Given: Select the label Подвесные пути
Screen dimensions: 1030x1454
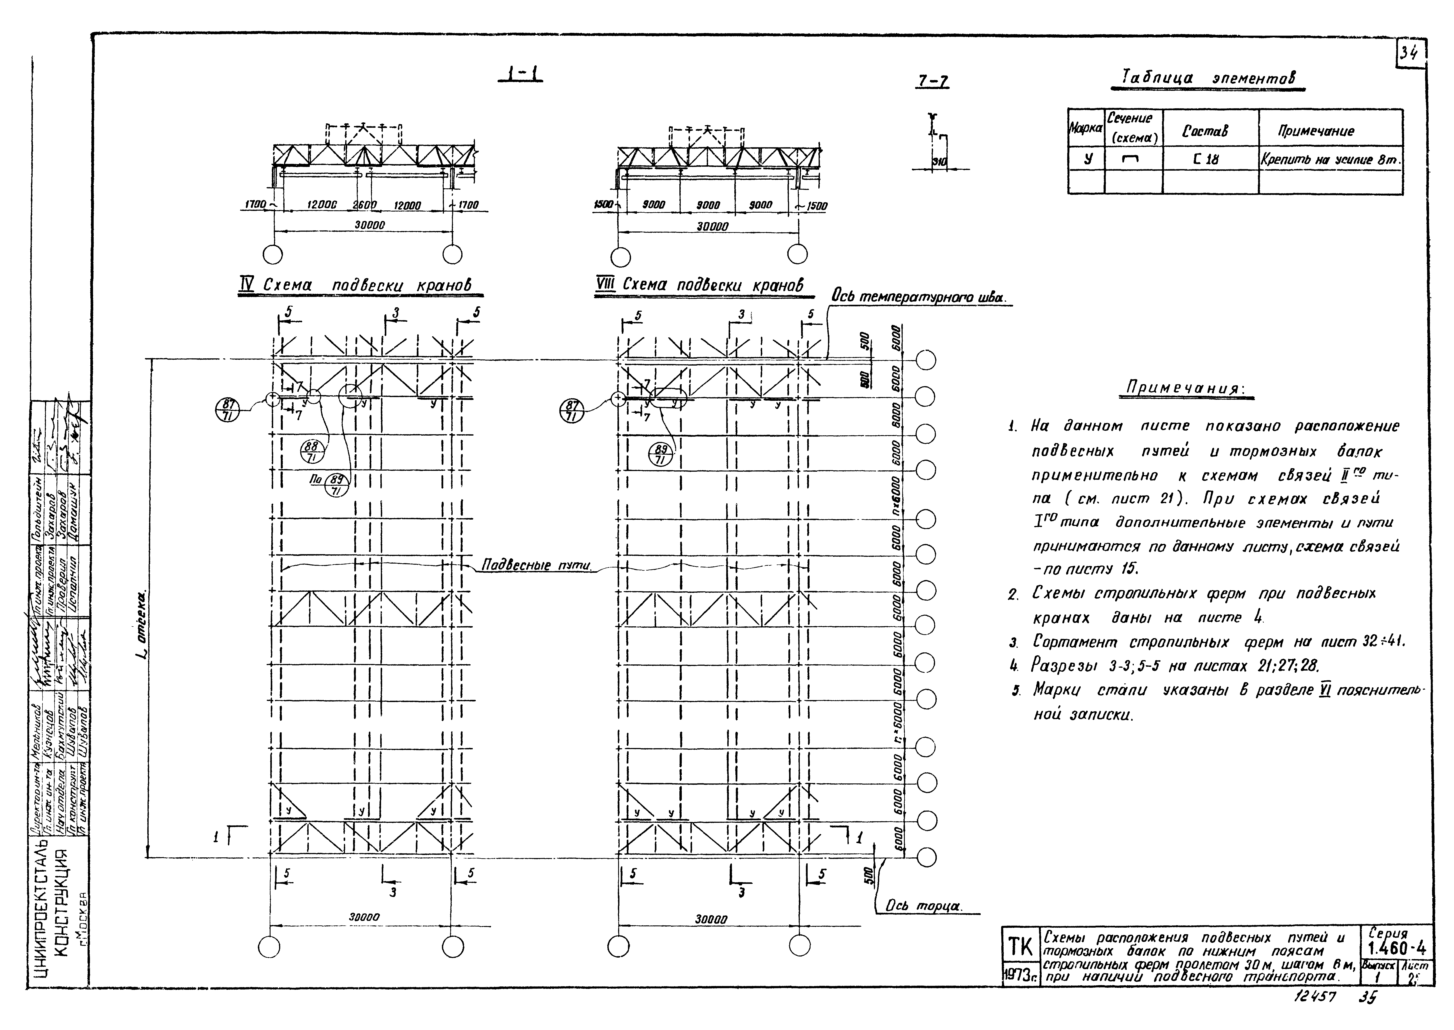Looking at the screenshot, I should point(537,564).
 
